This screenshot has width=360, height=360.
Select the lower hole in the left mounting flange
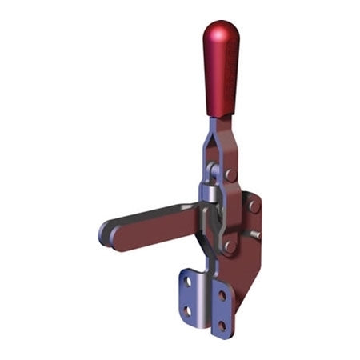click(187, 310)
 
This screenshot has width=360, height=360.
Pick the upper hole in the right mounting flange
click(222, 296)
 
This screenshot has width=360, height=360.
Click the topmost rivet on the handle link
click(230, 174)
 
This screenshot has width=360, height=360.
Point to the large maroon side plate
click(244, 240)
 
